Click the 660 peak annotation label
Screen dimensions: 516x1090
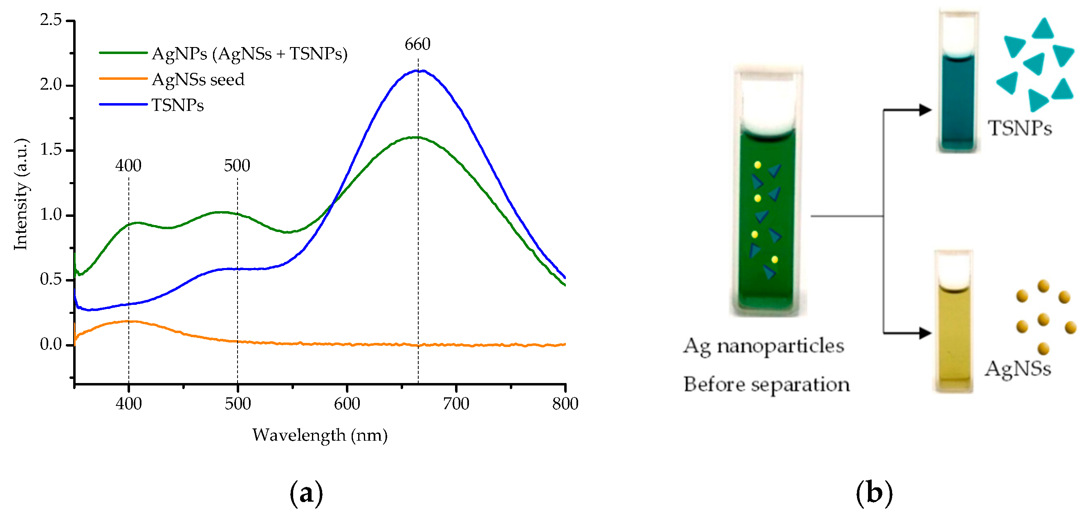(x=417, y=44)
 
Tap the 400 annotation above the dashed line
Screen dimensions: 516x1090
(x=128, y=166)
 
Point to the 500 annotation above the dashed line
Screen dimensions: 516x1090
(x=237, y=166)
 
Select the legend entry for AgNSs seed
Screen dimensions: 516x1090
(x=197, y=80)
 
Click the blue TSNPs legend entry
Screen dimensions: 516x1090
(x=177, y=105)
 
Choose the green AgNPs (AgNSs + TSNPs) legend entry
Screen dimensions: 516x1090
(x=249, y=54)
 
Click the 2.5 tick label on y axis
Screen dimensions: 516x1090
(x=51, y=20)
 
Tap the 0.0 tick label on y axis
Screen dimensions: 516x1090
(x=51, y=344)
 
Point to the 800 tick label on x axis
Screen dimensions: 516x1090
(x=565, y=403)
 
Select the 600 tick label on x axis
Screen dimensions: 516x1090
(x=347, y=403)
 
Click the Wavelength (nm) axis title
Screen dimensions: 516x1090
(x=320, y=435)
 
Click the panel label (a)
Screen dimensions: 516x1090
(x=306, y=493)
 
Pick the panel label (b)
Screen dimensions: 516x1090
(x=874, y=493)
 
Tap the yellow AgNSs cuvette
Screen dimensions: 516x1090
(x=954, y=335)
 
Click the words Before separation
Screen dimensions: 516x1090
(x=766, y=385)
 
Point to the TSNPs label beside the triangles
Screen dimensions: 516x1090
(x=1020, y=128)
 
